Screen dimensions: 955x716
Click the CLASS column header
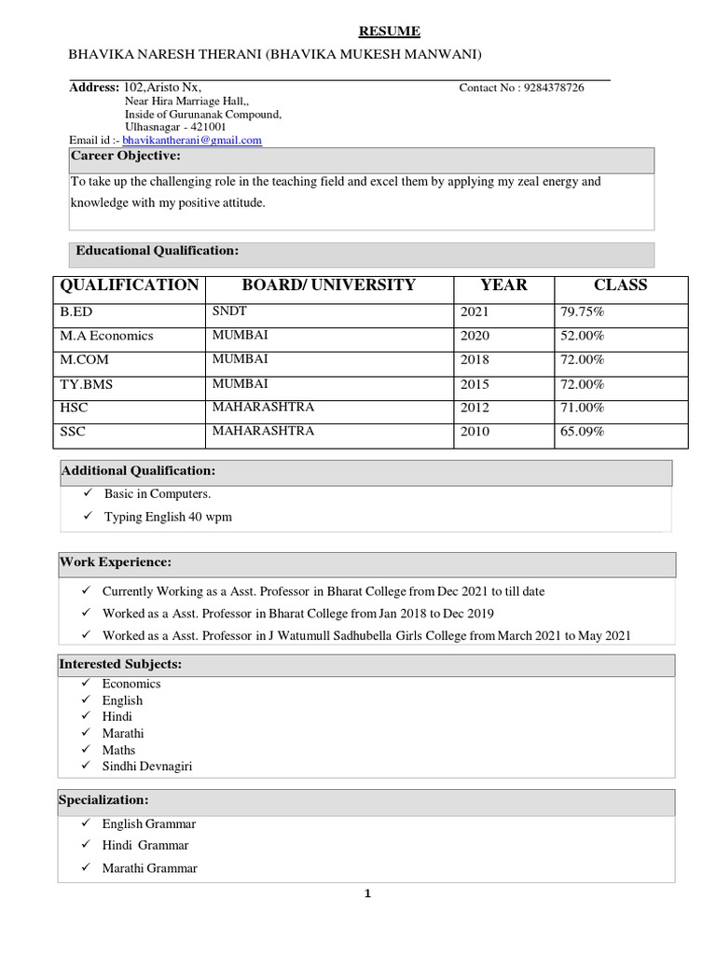(620, 285)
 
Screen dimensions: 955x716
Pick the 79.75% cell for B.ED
(583, 311)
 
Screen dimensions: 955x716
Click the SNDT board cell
(229, 311)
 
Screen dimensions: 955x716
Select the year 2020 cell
(475, 336)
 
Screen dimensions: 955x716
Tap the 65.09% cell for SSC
(583, 432)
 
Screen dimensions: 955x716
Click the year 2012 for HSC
(475, 408)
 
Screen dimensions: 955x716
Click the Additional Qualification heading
(138, 471)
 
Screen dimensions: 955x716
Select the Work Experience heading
(116, 562)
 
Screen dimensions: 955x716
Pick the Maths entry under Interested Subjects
(118, 750)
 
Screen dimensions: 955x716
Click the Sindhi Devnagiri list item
(147, 767)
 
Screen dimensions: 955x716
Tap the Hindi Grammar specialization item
(145, 846)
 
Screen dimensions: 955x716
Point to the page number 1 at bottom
(367, 894)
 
